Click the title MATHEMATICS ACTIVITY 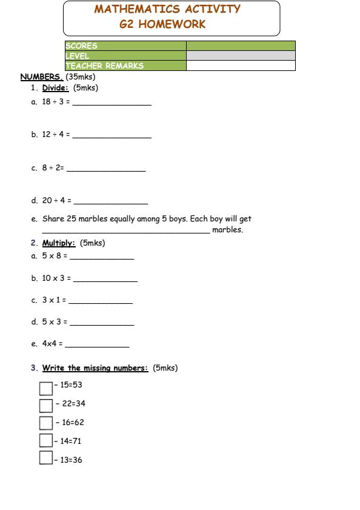pyautogui.click(x=167, y=10)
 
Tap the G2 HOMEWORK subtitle pyautogui.click(x=163, y=25)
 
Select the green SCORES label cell pyautogui.click(x=125, y=46)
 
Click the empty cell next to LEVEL pyautogui.click(x=241, y=56)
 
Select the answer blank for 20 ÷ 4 pyautogui.click(x=110, y=203)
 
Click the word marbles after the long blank pyautogui.click(x=227, y=230)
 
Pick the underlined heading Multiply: pyautogui.click(x=59, y=244)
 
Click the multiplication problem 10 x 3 pyautogui.click(x=56, y=278)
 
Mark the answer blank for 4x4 pyautogui.click(x=97, y=346)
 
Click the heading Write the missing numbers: pyautogui.click(x=95, y=368)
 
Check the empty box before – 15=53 pyautogui.click(x=46, y=388)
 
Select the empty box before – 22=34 pyautogui.click(x=46, y=405)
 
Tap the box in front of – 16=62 pyautogui.click(x=46, y=423)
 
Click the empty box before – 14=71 pyautogui.click(x=46, y=440)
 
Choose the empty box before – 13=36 pyautogui.click(x=46, y=458)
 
